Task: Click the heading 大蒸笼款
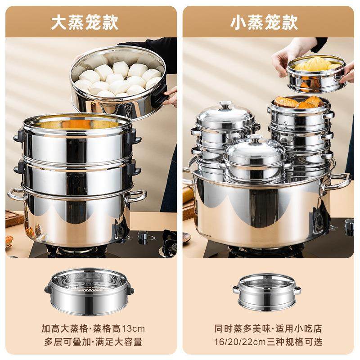tap(85, 22)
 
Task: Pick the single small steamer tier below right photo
tap(266, 291)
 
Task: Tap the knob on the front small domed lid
tap(255, 138)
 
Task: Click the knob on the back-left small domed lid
tap(225, 106)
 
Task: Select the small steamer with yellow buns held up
tap(316, 74)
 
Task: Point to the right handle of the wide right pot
tap(341, 180)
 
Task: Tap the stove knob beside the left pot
tap(143, 236)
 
